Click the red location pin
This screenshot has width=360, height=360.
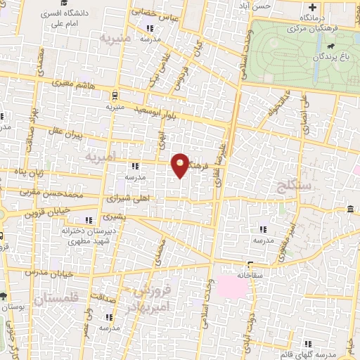(x=181, y=164)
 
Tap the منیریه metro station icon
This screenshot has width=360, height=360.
(x=115, y=96)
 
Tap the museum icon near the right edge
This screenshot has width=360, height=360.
(x=350, y=210)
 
